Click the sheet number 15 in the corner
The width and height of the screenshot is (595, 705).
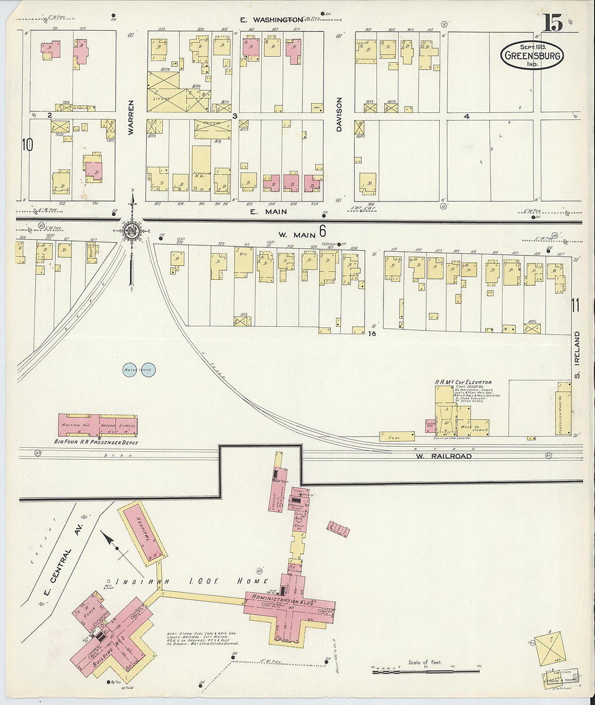tap(553, 23)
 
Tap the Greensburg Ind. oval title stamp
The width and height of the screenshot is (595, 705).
tap(532, 55)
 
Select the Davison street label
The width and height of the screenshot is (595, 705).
tap(339, 115)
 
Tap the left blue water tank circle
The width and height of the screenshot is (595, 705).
tap(130, 370)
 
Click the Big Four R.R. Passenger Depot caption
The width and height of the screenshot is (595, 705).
tap(96, 442)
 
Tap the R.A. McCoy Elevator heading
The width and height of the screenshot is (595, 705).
tap(463, 382)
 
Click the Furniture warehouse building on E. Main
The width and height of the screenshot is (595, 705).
tap(201, 168)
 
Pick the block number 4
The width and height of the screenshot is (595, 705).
tap(466, 116)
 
